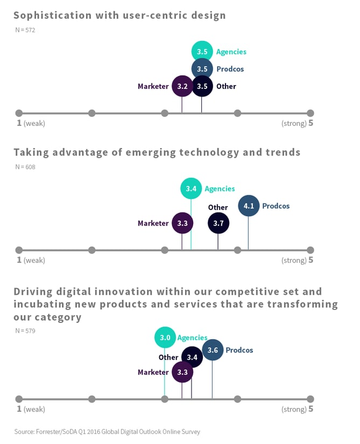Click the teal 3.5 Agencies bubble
[x=202, y=52]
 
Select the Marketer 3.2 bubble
[x=182, y=86]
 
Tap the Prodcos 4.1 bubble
[x=249, y=206]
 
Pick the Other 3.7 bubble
[x=218, y=223]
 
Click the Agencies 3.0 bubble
[x=165, y=337]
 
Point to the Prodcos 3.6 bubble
[x=213, y=350]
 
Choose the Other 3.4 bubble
[x=192, y=357]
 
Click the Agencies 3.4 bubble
[x=191, y=188]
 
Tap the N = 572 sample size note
[x=25, y=30]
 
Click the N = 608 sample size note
[x=25, y=167]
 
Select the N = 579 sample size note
[x=25, y=330]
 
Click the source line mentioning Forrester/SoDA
[x=107, y=432]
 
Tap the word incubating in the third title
[x=40, y=304]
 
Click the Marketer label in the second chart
[x=153, y=223]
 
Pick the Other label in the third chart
[x=168, y=357]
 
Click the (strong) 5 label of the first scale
[x=297, y=123]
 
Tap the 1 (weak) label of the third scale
[x=31, y=409]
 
